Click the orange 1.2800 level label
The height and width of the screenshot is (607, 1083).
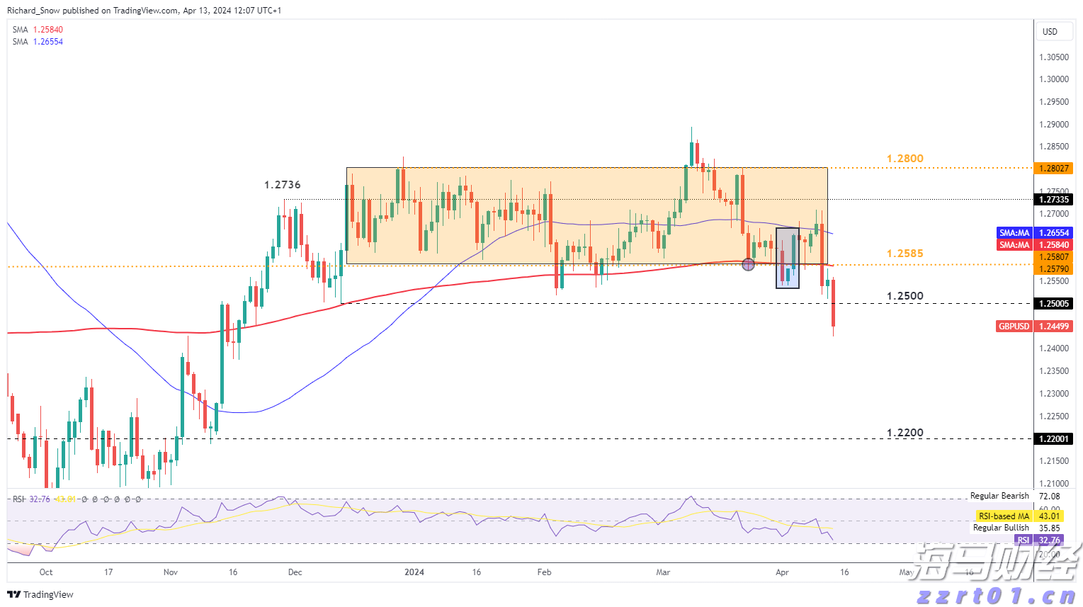coord(905,159)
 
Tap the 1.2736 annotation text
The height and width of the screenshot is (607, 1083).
coord(282,185)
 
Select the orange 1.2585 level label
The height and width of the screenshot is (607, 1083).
coord(905,254)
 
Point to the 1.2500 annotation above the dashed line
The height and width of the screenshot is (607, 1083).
coord(905,296)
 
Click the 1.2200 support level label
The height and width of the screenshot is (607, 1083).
coord(905,433)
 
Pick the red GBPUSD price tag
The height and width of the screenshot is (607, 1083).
coord(1014,327)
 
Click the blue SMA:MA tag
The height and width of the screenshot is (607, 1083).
coord(1014,233)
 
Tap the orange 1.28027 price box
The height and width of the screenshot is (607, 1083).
coord(1053,169)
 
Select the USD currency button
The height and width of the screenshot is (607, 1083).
coord(1050,32)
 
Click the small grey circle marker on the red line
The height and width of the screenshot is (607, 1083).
coord(748,264)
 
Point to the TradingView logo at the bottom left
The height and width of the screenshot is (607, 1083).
coord(41,594)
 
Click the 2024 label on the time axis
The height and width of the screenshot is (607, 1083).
coord(414,572)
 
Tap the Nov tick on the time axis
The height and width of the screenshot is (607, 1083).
coord(171,572)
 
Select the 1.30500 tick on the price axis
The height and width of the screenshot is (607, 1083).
coord(1053,57)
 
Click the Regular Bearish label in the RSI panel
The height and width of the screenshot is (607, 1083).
coord(999,496)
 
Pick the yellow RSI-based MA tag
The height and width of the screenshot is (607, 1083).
coord(1004,516)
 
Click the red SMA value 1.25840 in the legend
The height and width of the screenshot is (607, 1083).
coord(47,30)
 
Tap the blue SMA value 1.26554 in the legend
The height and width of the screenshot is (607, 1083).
coord(47,42)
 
